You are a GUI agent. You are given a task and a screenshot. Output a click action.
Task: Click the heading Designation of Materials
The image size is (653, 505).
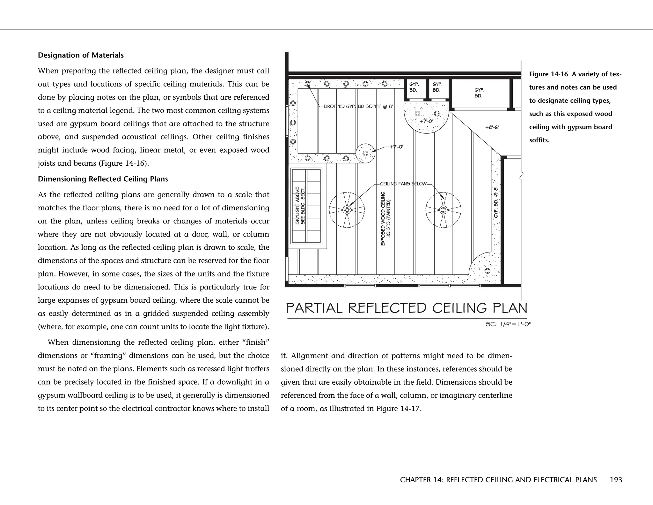(81, 55)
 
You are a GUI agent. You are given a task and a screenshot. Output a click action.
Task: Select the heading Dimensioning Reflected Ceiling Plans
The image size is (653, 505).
(103, 179)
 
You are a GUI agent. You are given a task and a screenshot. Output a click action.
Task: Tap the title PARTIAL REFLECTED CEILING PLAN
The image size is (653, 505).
(407, 308)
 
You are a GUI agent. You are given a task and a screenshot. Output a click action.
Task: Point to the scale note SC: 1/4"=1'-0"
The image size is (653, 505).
(508, 324)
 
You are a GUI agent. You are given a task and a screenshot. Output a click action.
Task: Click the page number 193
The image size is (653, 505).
(616, 480)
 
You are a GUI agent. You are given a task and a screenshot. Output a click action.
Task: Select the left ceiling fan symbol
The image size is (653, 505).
(347, 210)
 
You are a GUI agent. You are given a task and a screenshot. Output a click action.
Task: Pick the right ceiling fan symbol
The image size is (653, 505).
(443, 210)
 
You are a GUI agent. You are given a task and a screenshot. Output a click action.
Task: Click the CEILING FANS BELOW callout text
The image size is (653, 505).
(403, 184)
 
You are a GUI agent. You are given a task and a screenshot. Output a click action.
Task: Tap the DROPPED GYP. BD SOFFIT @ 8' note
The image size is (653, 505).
(358, 106)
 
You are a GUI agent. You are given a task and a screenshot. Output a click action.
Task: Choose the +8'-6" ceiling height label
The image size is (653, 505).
(492, 127)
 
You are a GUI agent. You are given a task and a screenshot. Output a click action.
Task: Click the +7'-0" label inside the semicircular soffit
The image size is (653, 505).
(426, 121)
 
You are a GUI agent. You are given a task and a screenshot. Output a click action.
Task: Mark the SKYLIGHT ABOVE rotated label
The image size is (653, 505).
(297, 206)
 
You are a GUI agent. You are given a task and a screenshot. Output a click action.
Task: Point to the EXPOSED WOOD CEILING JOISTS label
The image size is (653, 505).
(385, 219)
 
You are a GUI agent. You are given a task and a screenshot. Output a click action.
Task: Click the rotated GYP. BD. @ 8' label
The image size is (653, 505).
(496, 203)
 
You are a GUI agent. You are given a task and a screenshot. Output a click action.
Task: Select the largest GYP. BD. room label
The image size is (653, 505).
(479, 93)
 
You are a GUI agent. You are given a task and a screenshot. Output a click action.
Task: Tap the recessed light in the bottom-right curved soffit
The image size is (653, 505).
(487, 271)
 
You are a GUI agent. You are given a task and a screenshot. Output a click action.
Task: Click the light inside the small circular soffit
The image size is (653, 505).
(365, 154)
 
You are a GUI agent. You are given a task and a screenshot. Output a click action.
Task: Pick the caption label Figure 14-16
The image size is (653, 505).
(548, 74)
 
